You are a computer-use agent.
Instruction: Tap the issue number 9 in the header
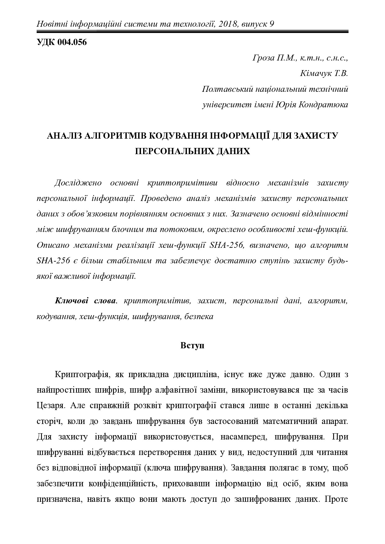tap(271, 24)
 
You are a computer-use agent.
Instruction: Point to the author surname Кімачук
tap(313, 74)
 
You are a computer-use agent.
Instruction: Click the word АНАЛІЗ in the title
tap(65, 136)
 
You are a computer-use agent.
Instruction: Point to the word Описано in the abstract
tap(52, 245)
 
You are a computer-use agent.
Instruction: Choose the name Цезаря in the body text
tap(50, 406)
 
